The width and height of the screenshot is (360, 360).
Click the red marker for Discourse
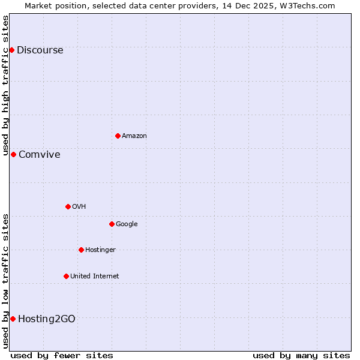[x=11, y=50]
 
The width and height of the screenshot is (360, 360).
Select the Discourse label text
[x=40, y=50]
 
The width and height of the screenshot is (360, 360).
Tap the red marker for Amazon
[x=118, y=136]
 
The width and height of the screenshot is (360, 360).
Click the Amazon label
[x=134, y=136]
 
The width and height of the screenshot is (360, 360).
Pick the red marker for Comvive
[x=13, y=154]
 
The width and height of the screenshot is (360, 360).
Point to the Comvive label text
[x=40, y=155]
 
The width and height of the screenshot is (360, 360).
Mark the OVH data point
[x=68, y=206]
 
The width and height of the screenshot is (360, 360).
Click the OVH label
[x=79, y=207]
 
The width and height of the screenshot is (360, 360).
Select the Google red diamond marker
[x=112, y=224]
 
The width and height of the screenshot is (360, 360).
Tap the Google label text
[x=127, y=224]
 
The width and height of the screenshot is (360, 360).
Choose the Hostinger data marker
[x=81, y=250]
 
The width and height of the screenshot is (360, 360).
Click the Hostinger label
[x=100, y=250]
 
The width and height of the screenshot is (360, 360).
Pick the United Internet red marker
[x=66, y=276]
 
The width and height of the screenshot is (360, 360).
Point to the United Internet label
[x=95, y=277]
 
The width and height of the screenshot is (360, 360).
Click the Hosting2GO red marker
[x=13, y=319]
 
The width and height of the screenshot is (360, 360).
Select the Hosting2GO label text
[x=47, y=319]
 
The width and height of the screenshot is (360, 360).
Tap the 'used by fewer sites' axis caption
[x=62, y=355]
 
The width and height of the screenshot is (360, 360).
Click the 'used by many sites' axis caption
[x=301, y=355]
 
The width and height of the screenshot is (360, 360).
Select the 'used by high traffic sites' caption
[x=6, y=86]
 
